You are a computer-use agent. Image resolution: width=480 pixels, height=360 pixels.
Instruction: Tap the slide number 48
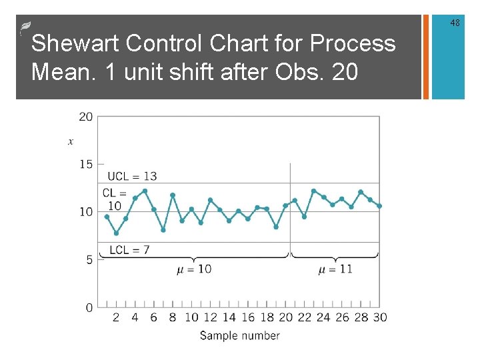pos(455,23)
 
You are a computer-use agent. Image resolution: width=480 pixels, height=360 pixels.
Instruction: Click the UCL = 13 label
pos(132,176)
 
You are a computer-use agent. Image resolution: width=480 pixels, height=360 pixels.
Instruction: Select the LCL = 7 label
pos(129,250)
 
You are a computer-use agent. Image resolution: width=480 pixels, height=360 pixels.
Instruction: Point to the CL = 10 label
pos(115,199)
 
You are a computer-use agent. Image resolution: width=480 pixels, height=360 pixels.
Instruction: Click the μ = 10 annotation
pos(194,269)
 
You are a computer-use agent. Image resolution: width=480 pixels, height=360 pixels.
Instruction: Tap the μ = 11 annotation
pos(335,269)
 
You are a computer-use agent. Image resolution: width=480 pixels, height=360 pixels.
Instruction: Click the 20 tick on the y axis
pos(86,117)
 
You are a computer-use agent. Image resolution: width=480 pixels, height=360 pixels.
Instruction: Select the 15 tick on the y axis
pos(86,164)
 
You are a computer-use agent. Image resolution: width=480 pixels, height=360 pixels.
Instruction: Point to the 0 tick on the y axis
pos(89,307)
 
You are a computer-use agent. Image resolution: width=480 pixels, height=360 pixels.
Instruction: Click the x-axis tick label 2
pos(116,317)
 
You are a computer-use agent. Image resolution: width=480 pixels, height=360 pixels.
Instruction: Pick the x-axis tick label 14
pos(229,317)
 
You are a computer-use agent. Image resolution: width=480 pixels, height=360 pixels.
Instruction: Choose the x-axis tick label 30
pos(379,317)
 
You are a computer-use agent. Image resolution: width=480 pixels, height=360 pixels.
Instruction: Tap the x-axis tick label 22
pos(304,317)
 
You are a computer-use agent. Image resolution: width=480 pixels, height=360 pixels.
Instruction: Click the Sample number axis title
pos(240,335)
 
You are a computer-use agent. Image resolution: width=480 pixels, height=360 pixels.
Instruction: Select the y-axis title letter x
pos(71,141)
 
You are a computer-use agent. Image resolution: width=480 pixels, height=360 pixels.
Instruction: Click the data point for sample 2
pos(116,233)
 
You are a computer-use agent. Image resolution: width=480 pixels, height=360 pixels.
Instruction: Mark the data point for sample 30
pos(379,206)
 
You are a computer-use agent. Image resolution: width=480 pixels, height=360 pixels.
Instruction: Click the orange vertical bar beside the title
pos(426,57)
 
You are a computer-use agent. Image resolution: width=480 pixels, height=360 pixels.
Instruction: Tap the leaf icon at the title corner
pos(25,27)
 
